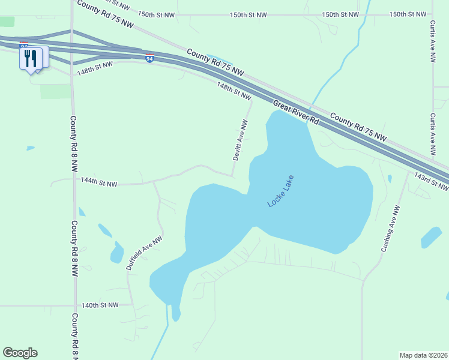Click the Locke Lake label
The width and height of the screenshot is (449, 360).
click(281, 191)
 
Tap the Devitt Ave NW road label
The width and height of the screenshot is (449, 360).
click(240, 139)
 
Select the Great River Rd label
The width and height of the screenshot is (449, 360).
click(296, 112)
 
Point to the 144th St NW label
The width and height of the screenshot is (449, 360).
click(98, 182)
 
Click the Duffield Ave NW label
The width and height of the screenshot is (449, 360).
click(144, 253)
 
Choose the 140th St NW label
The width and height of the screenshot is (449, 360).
click(100, 305)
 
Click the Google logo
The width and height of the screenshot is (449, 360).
click(20, 353)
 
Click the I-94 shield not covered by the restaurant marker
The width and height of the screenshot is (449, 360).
click(149, 58)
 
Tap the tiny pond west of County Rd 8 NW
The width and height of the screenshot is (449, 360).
click(30, 148)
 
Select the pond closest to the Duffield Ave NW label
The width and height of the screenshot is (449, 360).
click(116, 254)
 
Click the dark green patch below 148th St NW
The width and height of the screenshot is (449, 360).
click(55, 91)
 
